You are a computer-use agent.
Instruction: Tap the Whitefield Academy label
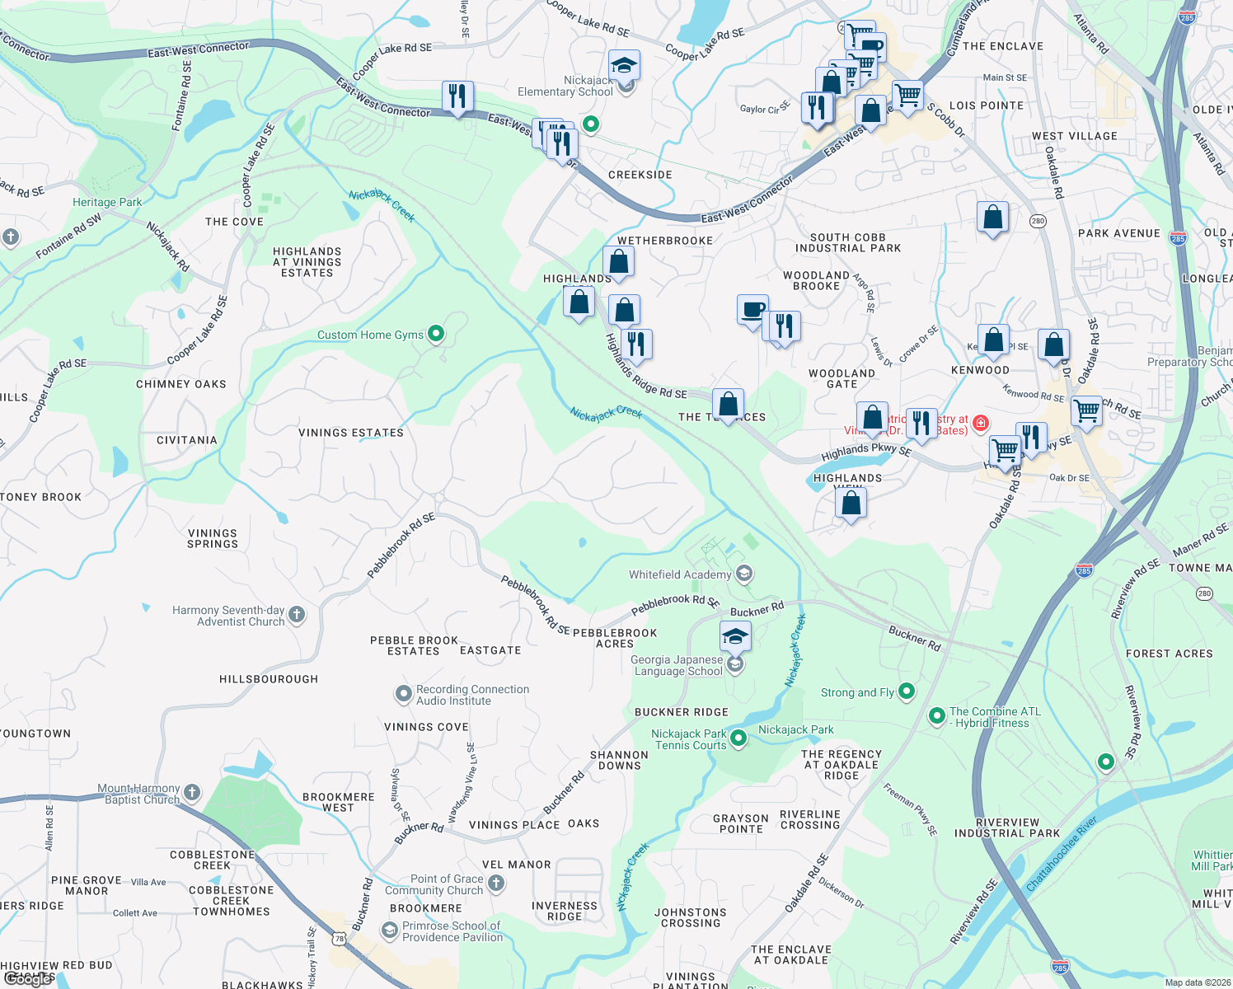point(680,574)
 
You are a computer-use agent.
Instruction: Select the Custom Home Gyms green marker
point(437,334)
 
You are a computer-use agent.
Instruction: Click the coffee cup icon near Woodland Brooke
point(752,311)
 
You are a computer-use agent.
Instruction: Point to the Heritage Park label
point(107,202)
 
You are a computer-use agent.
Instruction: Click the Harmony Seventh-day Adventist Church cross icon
point(297,614)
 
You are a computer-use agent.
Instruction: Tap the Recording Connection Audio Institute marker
point(403,694)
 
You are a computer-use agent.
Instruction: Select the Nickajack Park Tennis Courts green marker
point(738,738)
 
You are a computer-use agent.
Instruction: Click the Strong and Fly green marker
point(907,691)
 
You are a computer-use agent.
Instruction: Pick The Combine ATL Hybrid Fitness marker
point(937,716)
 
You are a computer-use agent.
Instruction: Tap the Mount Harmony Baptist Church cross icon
point(192,793)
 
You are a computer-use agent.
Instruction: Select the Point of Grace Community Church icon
point(496,884)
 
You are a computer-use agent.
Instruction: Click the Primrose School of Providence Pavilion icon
point(389,930)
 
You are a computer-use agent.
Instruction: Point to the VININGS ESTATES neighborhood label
point(351,433)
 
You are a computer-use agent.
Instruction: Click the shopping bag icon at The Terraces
point(728,405)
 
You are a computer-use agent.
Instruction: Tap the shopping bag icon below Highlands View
point(851,502)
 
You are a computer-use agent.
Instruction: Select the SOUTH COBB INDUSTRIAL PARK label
point(848,242)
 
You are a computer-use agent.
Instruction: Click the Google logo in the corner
point(28,978)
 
